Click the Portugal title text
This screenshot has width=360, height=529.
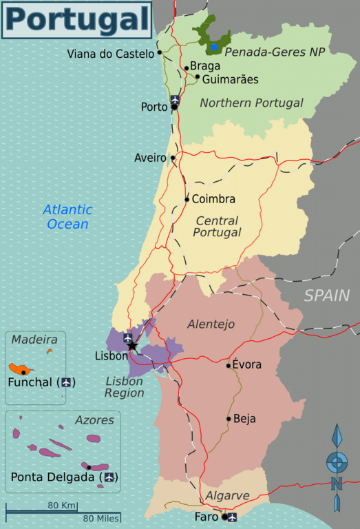click(x=76, y=20)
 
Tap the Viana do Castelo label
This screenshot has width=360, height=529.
click(x=110, y=53)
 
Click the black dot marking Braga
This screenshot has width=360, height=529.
click(x=186, y=68)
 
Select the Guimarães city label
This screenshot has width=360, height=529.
click(x=231, y=80)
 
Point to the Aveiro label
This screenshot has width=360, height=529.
click(x=150, y=158)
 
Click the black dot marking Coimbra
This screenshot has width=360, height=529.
click(x=187, y=200)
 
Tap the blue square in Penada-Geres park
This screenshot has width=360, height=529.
click(x=214, y=47)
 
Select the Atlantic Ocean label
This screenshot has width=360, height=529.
click(x=67, y=217)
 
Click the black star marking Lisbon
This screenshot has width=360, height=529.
click(x=131, y=346)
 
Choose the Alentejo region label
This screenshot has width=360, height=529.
click(x=211, y=324)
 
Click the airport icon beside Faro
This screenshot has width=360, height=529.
click(x=232, y=517)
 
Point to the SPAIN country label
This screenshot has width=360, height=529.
click(x=327, y=296)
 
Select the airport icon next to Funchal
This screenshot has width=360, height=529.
click(x=66, y=382)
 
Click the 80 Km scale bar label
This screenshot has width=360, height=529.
click(x=62, y=505)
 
